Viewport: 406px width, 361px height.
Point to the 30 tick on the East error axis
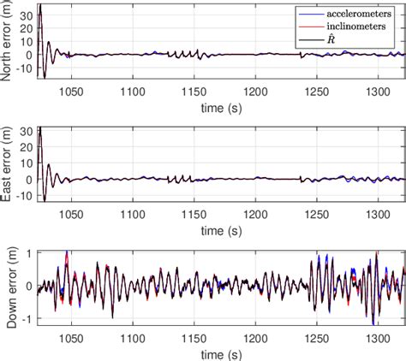pos(25,133)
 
